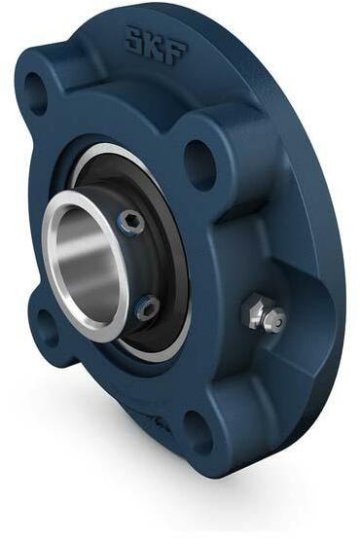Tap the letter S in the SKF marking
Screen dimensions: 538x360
click(x=134, y=38)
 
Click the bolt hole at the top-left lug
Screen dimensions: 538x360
click(x=35, y=92)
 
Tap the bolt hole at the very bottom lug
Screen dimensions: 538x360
click(x=199, y=431)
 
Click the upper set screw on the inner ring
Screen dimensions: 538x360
click(x=130, y=223)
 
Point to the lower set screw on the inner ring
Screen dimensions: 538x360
click(x=146, y=308)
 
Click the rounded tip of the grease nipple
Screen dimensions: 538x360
click(x=276, y=319)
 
